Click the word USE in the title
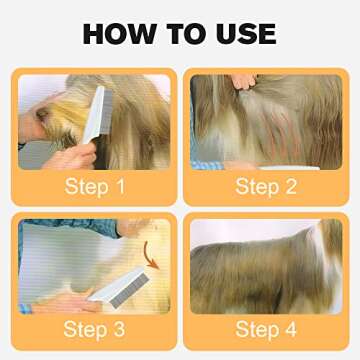(x=243, y=33)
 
